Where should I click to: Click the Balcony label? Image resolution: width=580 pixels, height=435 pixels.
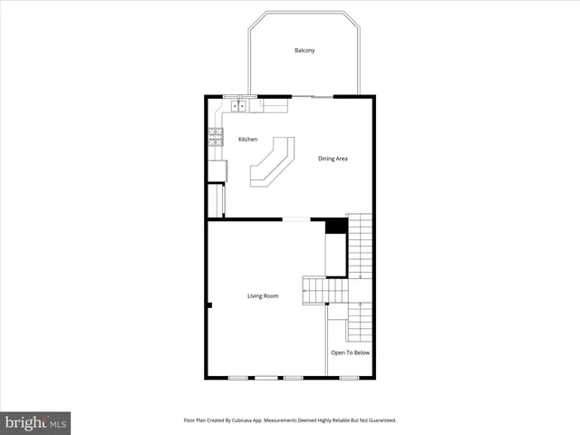(304, 50)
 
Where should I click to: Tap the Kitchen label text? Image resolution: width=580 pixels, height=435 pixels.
(247, 140)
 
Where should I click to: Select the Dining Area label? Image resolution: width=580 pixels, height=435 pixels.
(333, 159)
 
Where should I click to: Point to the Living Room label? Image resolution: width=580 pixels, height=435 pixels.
(263, 296)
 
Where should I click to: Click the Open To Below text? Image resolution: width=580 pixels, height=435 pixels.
(350, 353)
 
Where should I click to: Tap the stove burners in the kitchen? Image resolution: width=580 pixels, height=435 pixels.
(216, 138)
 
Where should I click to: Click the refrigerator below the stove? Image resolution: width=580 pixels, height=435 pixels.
(217, 169)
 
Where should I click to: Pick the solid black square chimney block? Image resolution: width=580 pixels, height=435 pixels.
(336, 226)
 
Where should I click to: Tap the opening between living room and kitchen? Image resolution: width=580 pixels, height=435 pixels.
(295, 218)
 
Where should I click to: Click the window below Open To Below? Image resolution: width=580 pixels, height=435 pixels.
(349, 377)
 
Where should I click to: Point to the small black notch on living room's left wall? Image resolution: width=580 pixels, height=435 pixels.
(208, 305)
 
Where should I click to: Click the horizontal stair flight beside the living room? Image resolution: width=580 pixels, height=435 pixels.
(324, 290)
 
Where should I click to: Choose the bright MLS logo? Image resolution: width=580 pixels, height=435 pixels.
(35, 422)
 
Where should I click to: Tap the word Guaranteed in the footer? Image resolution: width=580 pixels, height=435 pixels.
(379, 420)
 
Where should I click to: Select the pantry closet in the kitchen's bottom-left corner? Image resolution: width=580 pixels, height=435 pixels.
(216, 200)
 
